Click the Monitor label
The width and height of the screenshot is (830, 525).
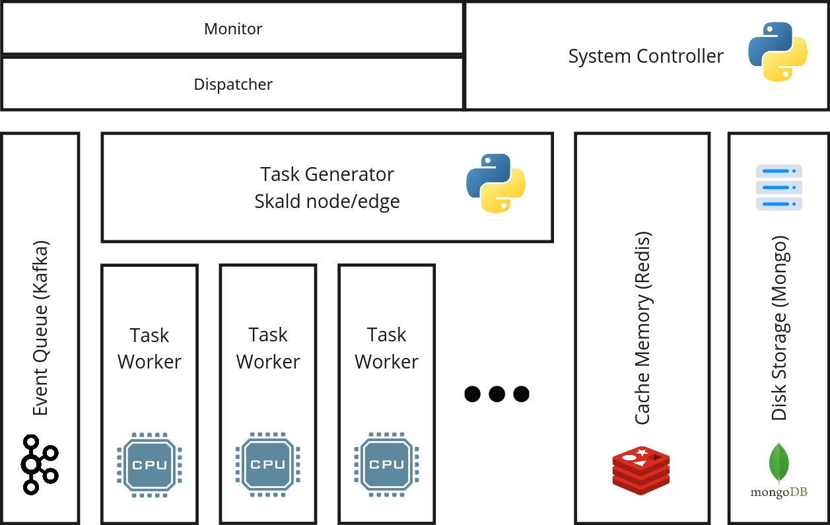point(233,29)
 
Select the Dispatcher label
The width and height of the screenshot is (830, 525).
point(233,85)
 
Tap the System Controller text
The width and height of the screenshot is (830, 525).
point(646,56)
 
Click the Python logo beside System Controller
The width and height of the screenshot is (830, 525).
point(778,52)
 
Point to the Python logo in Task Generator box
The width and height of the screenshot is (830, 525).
point(496,184)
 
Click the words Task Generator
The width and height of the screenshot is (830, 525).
point(327,174)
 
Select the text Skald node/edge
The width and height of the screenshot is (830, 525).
point(327,201)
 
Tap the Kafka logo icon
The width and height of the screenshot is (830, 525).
point(40,465)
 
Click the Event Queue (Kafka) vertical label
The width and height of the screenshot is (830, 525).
point(41,328)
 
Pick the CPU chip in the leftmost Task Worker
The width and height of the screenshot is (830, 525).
point(149,465)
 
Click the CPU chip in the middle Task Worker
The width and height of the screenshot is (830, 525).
point(268,464)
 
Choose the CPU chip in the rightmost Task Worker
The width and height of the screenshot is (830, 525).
point(386,464)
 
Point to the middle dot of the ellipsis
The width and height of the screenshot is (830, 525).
point(497,394)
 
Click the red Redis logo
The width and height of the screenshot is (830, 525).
point(641,471)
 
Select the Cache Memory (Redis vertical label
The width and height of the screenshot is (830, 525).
point(643,328)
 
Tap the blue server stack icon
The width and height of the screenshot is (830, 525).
point(779,188)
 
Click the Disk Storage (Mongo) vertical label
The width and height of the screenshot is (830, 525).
point(780,328)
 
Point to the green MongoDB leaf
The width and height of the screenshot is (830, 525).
point(779,463)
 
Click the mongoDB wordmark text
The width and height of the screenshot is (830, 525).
point(779,493)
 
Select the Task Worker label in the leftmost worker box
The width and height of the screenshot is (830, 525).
point(149,349)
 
